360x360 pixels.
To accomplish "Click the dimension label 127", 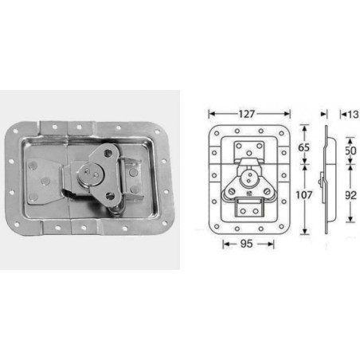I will pos(248,113).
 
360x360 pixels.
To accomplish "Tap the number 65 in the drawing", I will pos(303,148).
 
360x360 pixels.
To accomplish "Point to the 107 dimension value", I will pos(303,193).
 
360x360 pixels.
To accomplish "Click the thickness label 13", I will pos(350,113).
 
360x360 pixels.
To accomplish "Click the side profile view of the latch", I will pos(325,175).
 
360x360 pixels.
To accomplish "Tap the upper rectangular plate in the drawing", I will pos(250,149).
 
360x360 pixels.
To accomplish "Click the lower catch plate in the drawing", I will pos(248,209).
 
